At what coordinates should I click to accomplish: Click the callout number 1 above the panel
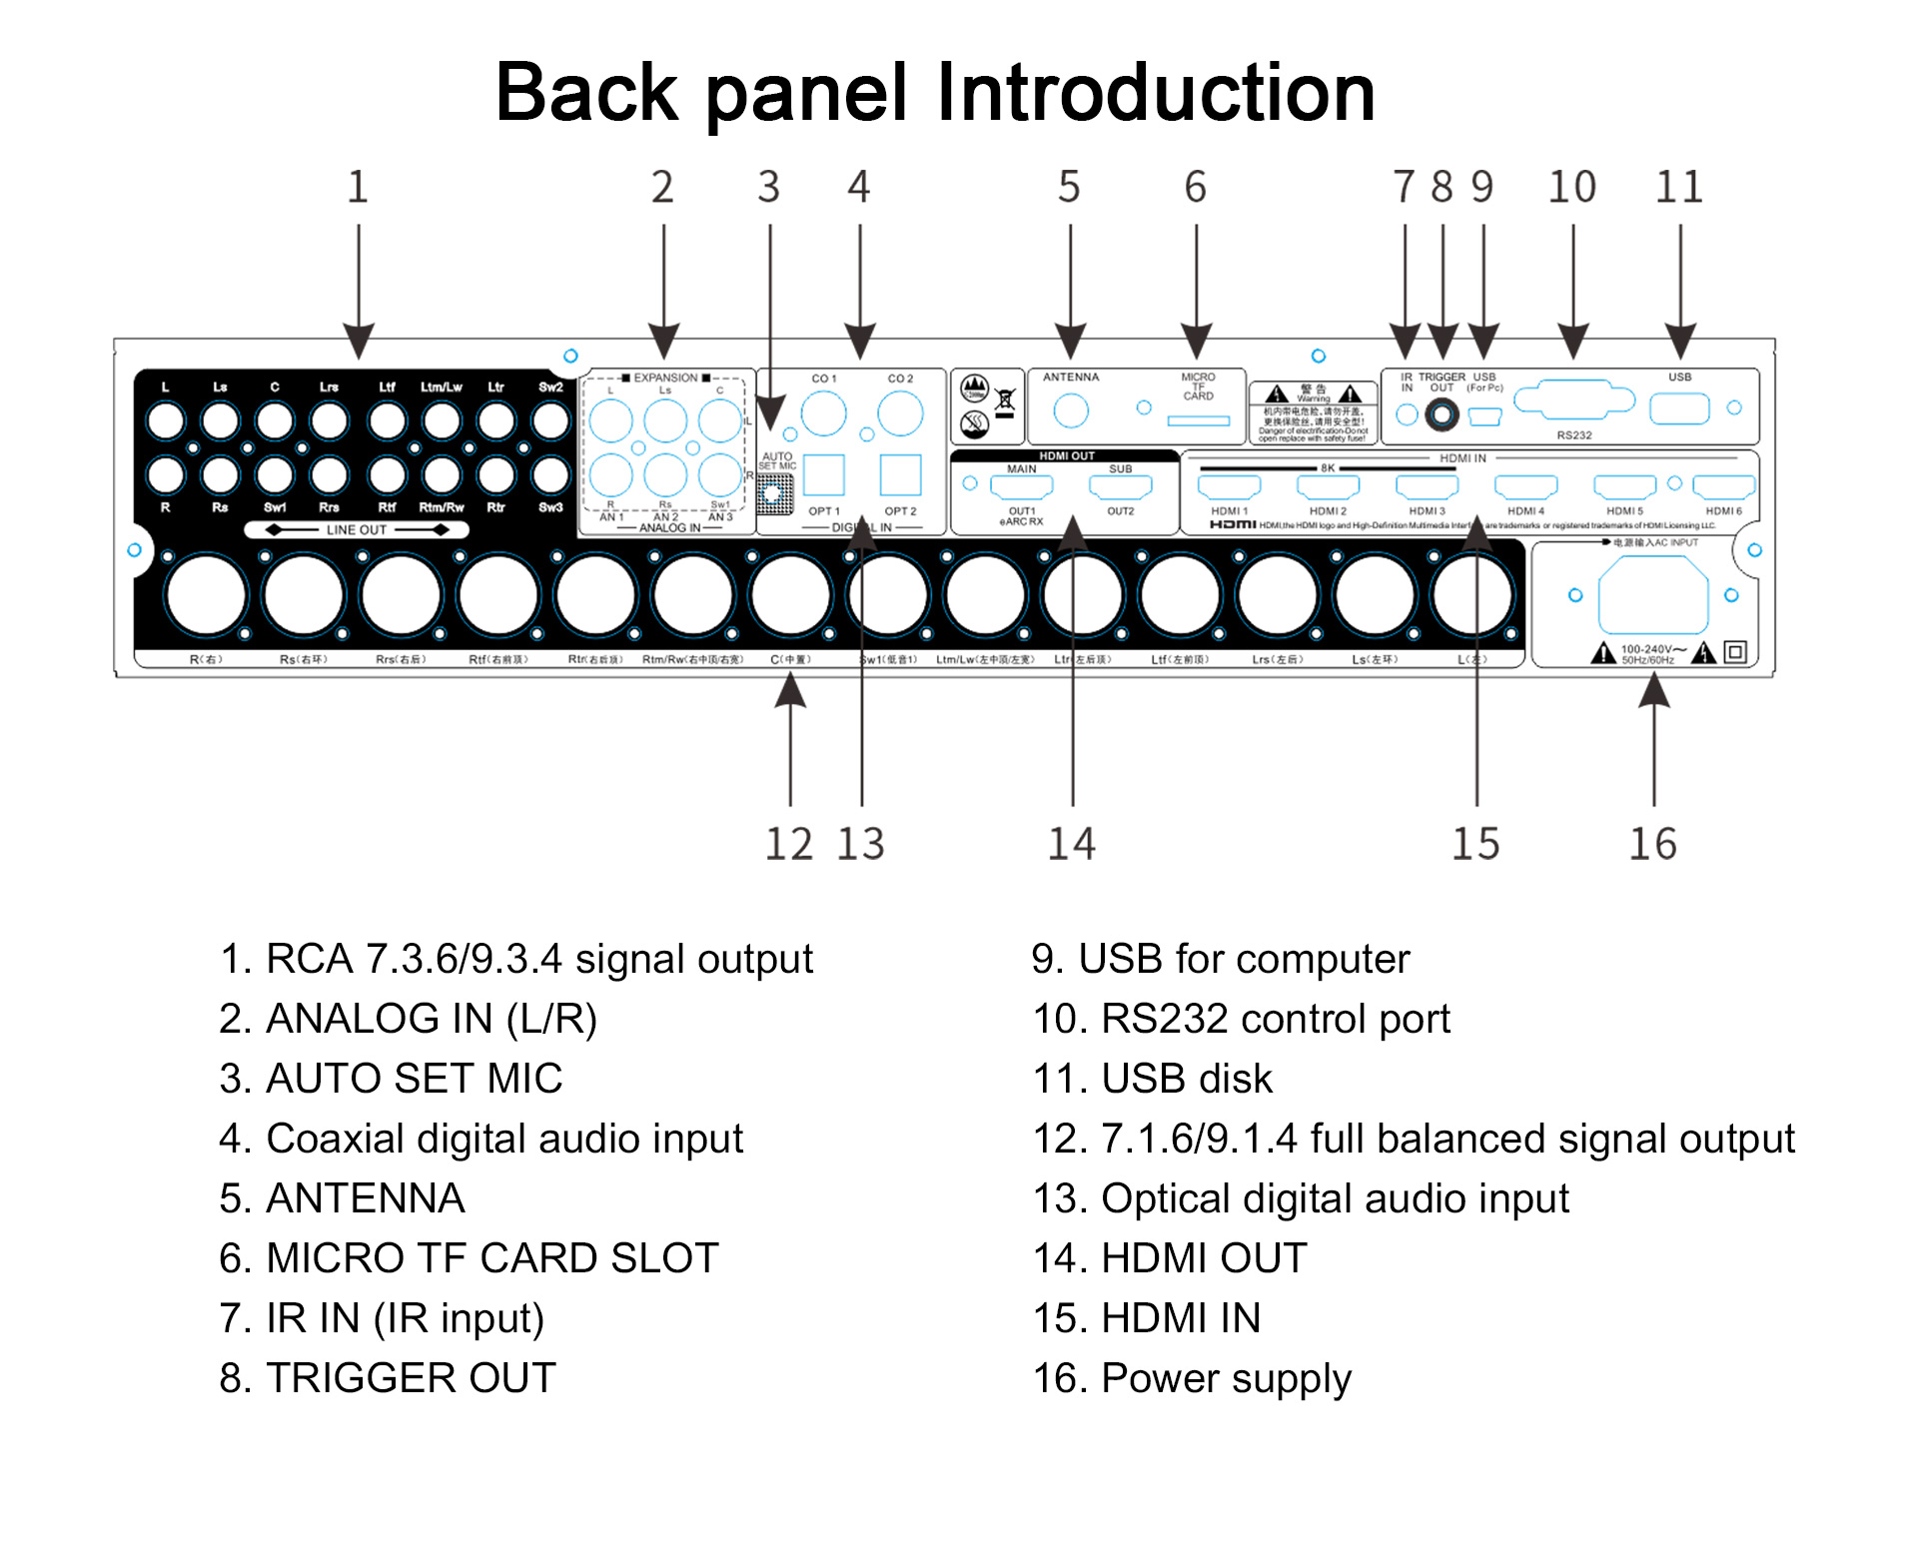click(358, 187)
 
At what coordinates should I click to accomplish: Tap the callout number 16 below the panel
click(1653, 844)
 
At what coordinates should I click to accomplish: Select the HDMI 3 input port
click(1427, 487)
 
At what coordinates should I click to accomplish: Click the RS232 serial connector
click(1573, 401)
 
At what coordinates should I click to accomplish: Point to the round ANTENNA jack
click(1071, 410)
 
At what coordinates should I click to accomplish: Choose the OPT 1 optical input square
click(824, 475)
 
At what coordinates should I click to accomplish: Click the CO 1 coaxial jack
click(824, 412)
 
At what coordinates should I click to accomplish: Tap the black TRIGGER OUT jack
click(1441, 413)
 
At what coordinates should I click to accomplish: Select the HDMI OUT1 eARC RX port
click(1021, 487)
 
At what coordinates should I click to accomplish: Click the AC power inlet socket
click(1653, 595)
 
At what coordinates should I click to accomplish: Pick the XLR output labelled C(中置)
click(790, 595)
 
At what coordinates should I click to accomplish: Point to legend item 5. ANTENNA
click(342, 1198)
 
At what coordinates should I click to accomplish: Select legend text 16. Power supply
click(1192, 1378)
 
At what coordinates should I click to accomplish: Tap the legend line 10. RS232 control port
click(1241, 1019)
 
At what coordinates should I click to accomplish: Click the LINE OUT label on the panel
click(356, 529)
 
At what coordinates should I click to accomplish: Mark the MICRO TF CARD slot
click(1199, 421)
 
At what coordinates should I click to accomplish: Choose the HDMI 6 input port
click(1724, 487)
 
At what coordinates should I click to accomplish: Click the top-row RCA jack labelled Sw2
click(550, 420)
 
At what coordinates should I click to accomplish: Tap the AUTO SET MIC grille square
click(774, 493)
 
